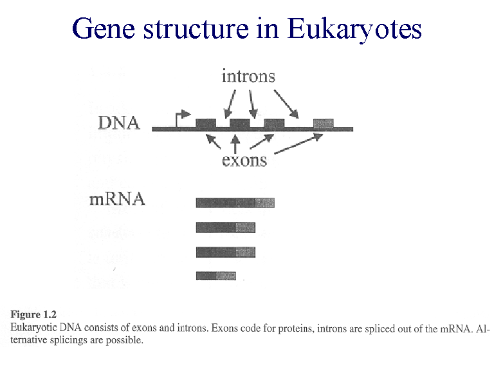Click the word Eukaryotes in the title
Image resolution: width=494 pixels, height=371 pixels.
pos(354,29)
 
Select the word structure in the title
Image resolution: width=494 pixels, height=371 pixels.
pos(198,29)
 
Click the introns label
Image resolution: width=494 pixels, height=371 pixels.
pos(248,77)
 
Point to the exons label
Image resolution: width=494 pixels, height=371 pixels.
pos(244,160)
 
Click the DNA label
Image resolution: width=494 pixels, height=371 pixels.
pos(118,122)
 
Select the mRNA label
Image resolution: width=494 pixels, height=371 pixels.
pos(117,199)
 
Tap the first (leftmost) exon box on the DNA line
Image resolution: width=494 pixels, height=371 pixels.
pos(205,123)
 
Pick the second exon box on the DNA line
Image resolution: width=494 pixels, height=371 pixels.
pos(239,123)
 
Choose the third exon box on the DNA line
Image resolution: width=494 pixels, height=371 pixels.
pos(274,123)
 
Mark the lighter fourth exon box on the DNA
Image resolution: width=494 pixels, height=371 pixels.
pos(324,123)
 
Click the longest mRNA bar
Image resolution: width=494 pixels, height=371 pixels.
pos(235,203)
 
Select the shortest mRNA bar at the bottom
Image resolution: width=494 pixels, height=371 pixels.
pos(215,276)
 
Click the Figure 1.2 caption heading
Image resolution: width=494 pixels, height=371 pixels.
pos(33,315)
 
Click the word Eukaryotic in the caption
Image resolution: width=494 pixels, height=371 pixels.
pos(33,328)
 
